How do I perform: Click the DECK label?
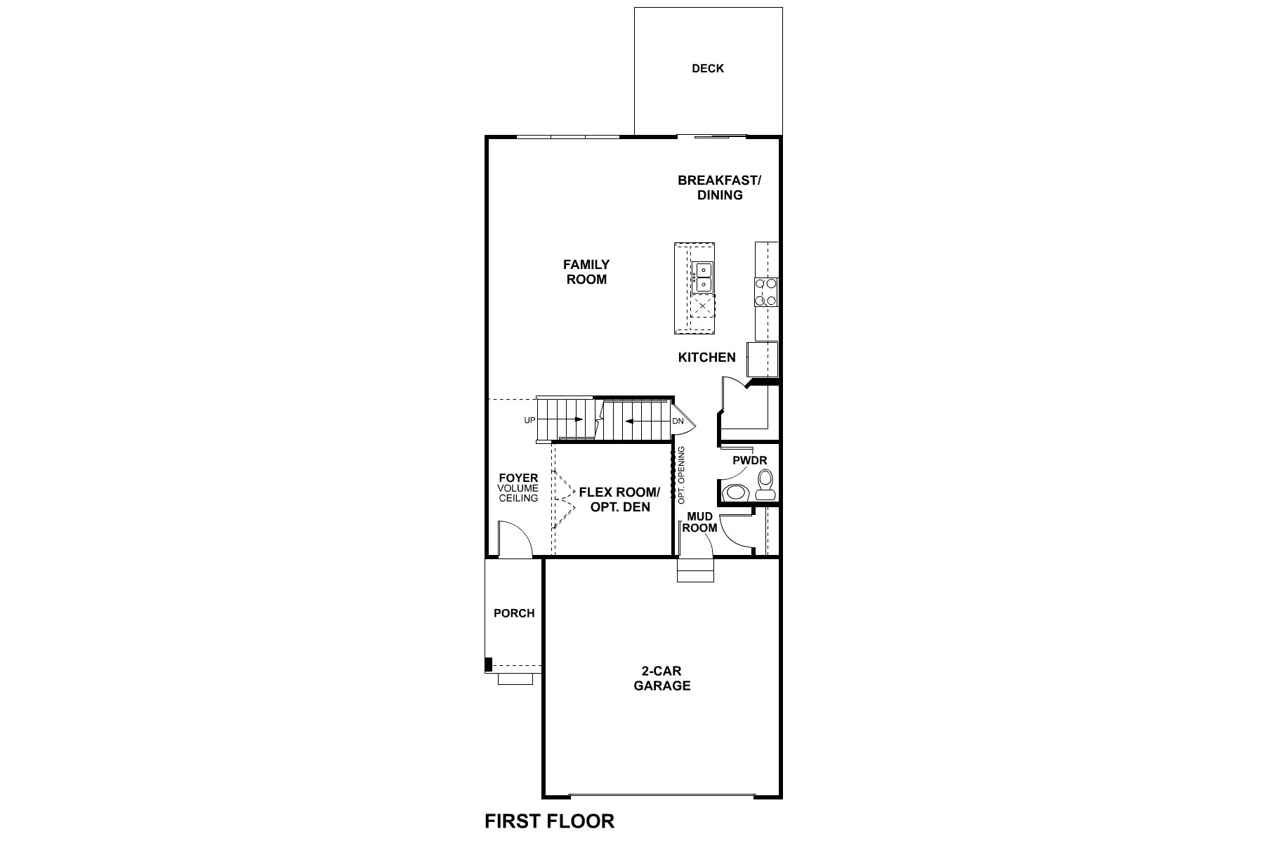click(x=707, y=69)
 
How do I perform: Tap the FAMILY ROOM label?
click(x=586, y=272)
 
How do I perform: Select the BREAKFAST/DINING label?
click(x=719, y=188)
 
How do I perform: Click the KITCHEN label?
click(x=706, y=358)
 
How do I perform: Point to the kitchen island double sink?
click(x=702, y=277)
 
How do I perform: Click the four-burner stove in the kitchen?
click(x=766, y=292)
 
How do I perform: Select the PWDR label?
click(x=749, y=461)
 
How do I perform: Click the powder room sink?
click(x=734, y=492)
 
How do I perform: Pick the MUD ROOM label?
click(x=700, y=523)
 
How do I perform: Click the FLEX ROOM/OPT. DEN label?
click(x=619, y=499)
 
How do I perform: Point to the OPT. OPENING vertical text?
click(x=681, y=475)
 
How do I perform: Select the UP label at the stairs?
click(x=529, y=420)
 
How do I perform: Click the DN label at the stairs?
click(x=678, y=421)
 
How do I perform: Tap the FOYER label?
click(x=518, y=478)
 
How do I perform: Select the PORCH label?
click(x=514, y=613)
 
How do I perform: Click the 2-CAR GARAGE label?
click(x=661, y=679)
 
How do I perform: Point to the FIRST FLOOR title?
click(x=549, y=821)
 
